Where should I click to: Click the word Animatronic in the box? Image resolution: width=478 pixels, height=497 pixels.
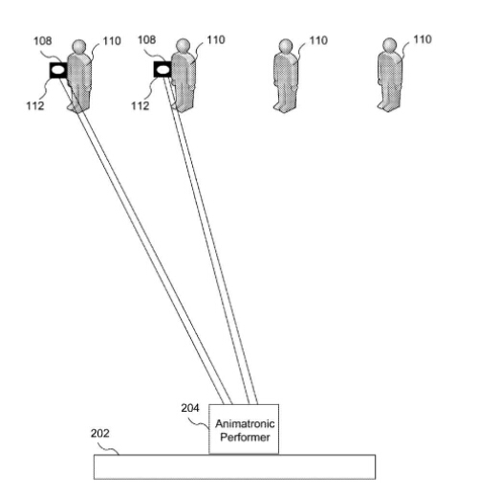click(245, 424)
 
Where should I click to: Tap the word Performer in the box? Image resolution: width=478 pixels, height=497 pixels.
click(245, 437)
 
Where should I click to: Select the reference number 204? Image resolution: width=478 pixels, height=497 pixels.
click(190, 408)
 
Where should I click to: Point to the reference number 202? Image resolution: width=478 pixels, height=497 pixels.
click(99, 433)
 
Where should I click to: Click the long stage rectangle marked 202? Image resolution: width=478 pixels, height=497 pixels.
click(234, 466)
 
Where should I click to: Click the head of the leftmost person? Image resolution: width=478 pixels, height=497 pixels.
click(79, 46)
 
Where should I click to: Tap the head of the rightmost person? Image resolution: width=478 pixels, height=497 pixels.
click(389, 45)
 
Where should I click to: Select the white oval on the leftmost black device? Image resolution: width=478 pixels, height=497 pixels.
click(58, 70)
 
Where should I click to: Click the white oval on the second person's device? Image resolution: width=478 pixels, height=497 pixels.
click(163, 70)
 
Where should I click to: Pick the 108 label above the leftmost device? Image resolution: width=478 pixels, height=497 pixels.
click(43, 41)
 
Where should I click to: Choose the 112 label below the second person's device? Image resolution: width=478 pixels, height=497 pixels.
click(141, 105)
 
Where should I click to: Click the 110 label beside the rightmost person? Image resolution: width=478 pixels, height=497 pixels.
click(423, 39)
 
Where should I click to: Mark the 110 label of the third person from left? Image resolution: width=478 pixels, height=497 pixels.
click(318, 40)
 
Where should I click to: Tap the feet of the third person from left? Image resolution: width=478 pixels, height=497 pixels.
click(284, 107)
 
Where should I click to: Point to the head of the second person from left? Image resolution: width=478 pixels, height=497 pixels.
click(183, 45)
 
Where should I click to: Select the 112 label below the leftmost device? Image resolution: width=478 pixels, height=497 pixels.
click(35, 105)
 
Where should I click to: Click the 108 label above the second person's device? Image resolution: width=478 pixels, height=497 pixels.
click(146, 40)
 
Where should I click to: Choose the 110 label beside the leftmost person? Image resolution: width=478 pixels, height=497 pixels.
click(112, 41)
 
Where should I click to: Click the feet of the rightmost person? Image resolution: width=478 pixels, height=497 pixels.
click(388, 106)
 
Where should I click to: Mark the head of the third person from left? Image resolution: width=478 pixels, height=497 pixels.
click(286, 46)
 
